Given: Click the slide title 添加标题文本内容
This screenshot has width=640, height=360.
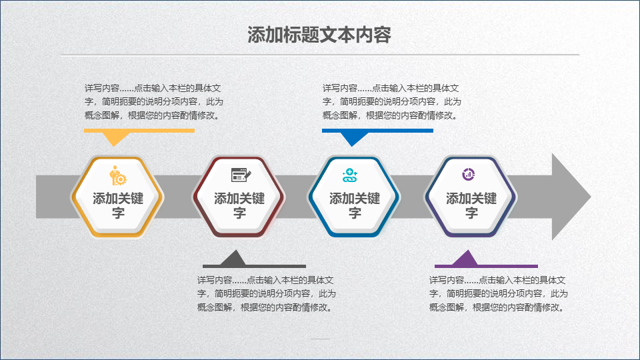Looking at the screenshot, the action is point(319,35).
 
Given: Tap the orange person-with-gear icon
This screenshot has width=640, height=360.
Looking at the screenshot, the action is point(118,175).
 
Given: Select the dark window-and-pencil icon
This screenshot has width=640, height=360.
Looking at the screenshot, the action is point(241,175).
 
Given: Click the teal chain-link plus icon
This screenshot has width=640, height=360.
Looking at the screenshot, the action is point(350,175).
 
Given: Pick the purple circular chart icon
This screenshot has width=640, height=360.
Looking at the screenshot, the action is point(468,174).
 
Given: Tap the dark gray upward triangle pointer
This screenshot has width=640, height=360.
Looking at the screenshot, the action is point(233,258).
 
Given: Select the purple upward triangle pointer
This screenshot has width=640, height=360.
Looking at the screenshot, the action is point(465,258).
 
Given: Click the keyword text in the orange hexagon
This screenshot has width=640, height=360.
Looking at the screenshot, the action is point(118,205).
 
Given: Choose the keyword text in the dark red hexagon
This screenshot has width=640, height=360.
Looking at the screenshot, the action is point(239,205).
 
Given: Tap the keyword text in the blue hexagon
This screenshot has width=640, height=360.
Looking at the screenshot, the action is point(355,205).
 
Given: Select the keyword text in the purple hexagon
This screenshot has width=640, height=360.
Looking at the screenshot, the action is point(471,205).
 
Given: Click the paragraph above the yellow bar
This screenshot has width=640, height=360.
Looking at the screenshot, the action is point(154,101).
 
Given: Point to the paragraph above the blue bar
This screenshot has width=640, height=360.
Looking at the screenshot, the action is point(392,101).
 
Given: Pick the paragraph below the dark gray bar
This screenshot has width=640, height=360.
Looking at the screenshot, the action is point(267,294).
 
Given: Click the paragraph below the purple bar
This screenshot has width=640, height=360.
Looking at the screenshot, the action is point(499,294).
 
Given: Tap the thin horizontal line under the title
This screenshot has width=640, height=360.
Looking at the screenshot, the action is point(320,54).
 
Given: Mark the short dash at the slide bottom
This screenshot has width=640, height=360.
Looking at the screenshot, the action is point(320,339).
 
